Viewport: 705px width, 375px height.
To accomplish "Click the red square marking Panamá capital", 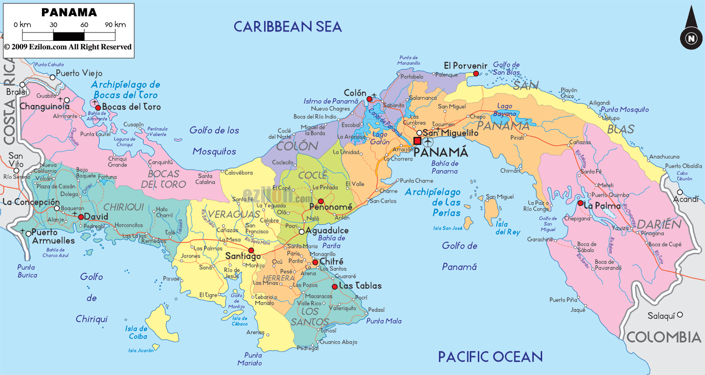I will pos(417,141).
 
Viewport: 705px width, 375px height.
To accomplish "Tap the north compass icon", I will pos(691,38).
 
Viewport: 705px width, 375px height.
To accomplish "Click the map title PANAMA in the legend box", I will pos(69,11).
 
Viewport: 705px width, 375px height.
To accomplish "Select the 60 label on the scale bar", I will pos(84,24).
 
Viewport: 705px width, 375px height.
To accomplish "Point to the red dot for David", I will pos(80,217).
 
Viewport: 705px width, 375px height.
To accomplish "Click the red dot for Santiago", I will pos(251,250).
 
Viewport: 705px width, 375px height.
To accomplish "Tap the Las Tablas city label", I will pos(360,286).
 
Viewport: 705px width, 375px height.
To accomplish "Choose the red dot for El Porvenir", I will pos(476,73).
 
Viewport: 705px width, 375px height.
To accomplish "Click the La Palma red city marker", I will pos(580,203).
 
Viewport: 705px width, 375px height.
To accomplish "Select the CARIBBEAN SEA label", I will pos(288,26).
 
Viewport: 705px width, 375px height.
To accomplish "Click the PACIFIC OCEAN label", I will pos(490,357).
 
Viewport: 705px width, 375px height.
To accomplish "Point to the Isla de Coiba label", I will pos(136,332).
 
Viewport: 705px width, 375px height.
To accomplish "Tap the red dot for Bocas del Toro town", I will pos(98,107).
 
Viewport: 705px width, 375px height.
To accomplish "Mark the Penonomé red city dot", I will pos(321,201).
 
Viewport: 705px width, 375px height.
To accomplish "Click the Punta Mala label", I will pos(383,321).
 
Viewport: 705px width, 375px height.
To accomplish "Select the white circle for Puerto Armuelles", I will pos(27,232).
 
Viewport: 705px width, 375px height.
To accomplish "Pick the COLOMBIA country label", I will pos(664,337).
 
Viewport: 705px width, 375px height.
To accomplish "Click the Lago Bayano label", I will pos(505,110).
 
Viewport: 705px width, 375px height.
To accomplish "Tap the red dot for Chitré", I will pos(315,262).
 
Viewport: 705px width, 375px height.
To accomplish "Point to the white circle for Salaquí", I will pos(680,315).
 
